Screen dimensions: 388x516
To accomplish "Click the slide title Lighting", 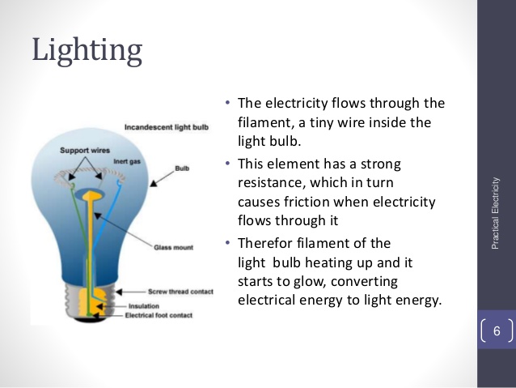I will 87,51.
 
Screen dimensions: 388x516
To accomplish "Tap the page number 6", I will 497,331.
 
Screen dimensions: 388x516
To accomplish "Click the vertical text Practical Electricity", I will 496,211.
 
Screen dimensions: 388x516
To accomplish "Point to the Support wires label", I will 85,150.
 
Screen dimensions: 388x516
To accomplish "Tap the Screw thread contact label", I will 180,290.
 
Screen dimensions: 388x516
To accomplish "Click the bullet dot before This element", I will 229,164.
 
